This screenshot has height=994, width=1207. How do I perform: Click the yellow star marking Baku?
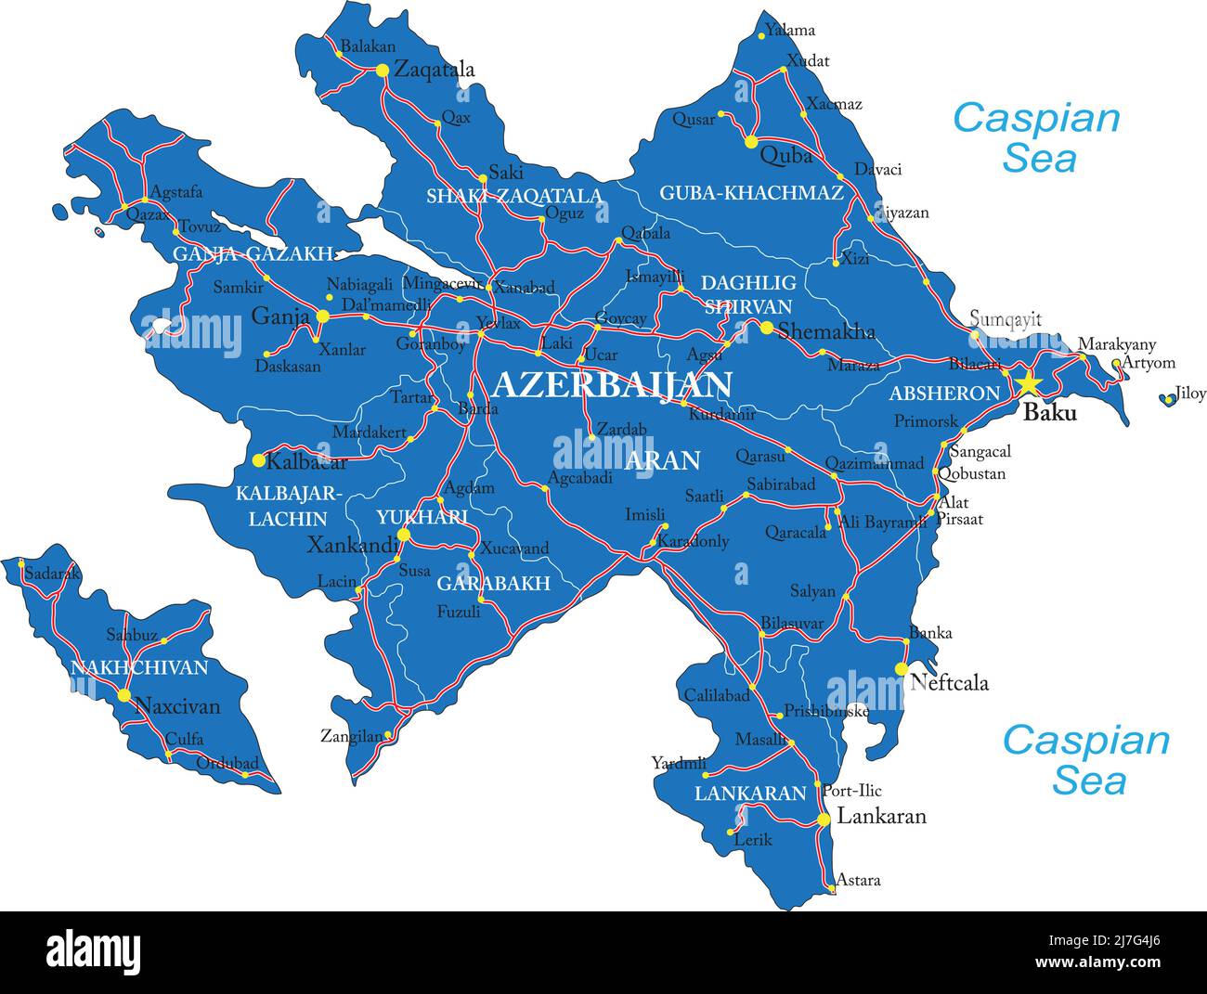pyautogui.click(x=1027, y=383)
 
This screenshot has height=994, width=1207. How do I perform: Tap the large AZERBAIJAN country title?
pyautogui.click(x=612, y=384)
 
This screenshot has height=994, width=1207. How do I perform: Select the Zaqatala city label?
pyautogui.click(x=434, y=70)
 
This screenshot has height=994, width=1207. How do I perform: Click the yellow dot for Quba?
pyautogui.click(x=750, y=142)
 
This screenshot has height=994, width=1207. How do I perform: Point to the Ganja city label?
pyautogui.click(x=279, y=316)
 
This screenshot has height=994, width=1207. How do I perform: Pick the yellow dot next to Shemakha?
pyautogui.click(x=766, y=328)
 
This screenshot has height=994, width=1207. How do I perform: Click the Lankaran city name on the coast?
pyautogui.click(x=881, y=817)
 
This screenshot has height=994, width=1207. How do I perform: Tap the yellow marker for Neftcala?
pyautogui.click(x=900, y=668)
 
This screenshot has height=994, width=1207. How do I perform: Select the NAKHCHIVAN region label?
pyautogui.click(x=139, y=667)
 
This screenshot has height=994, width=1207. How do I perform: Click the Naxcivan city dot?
pyautogui.click(x=123, y=694)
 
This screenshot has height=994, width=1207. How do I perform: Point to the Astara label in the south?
pyautogui.click(x=858, y=880)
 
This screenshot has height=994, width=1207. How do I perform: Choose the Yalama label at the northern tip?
pyautogui.click(x=791, y=30)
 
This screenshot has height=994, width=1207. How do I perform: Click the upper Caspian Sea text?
pyautogui.click(x=1036, y=137)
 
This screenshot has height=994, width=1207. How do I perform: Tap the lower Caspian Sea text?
pyautogui.click(x=1085, y=760)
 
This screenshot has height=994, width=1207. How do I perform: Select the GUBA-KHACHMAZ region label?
pyautogui.click(x=751, y=193)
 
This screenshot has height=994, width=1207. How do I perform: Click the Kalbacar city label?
pyautogui.click(x=307, y=461)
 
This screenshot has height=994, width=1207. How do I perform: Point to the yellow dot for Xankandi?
pyautogui.click(x=403, y=535)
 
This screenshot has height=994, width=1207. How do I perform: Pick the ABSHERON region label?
pyautogui.click(x=944, y=394)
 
